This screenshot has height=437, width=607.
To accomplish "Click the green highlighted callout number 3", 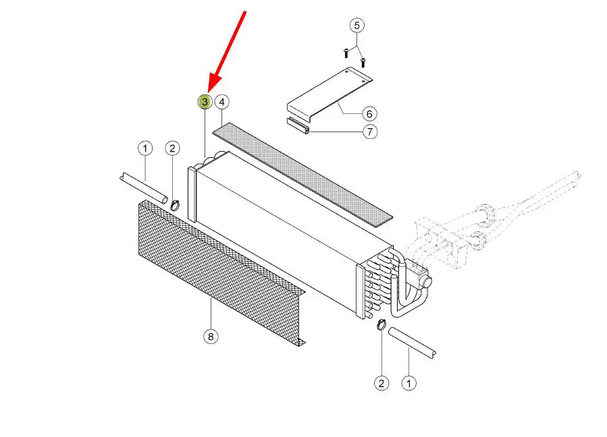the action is [205, 102].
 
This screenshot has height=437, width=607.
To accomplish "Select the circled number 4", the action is [222, 102].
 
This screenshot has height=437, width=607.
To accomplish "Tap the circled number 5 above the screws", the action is [357, 26].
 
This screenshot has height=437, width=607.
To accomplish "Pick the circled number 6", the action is [369, 114].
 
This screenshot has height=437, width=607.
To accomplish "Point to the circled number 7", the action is [370, 132].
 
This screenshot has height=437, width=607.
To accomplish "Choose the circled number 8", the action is [211, 337].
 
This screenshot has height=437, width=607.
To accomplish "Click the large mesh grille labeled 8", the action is [222, 272].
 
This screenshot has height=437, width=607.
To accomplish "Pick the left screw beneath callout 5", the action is [346, 53].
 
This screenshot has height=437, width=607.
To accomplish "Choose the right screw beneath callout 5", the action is [363, 62].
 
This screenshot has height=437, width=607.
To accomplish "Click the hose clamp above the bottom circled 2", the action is [381, 324].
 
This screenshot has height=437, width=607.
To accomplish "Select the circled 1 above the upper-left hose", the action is [145, 148].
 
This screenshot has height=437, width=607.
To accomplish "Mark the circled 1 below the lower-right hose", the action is [408, 383].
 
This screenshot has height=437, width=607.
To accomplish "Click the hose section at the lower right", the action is [412, 343].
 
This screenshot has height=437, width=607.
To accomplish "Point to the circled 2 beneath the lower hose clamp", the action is [381, 383].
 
